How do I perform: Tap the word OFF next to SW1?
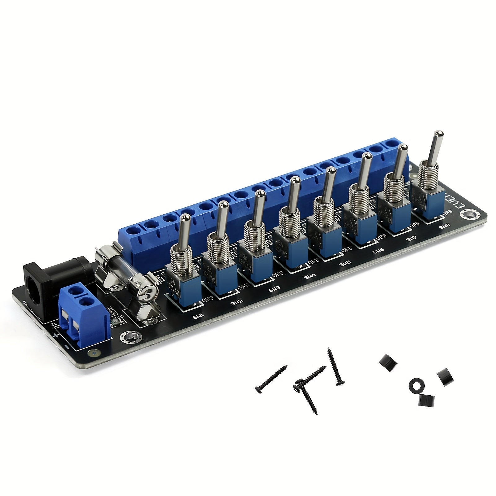tap(208, 300)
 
